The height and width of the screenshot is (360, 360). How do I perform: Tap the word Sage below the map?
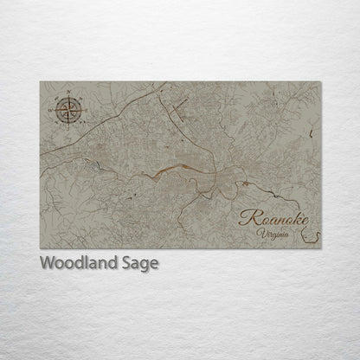click(x=140, y=264)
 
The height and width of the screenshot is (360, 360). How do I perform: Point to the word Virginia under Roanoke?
click(x=273, y=233)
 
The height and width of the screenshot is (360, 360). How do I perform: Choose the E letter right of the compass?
click(x=85, y=110)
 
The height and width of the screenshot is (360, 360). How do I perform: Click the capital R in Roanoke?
click(x=247, y=217)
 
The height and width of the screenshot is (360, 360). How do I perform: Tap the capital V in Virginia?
click(x=260, y=232)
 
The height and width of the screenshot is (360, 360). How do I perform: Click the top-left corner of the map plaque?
click(x=41, y=82)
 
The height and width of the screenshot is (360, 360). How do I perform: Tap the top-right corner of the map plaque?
click(x=321, y=82)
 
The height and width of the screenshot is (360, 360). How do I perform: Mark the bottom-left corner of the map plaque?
click(x=41, y=248)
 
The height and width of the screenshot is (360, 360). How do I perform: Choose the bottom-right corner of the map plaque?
click(x=321, y=248)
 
